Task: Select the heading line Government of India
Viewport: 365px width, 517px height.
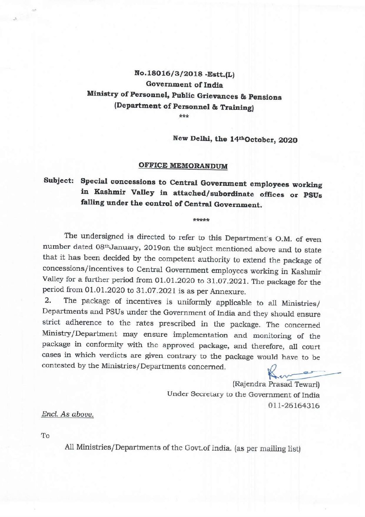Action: (184, 84)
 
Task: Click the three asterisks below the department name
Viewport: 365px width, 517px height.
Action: (184, 116)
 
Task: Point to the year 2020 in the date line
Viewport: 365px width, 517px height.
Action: (288, 140)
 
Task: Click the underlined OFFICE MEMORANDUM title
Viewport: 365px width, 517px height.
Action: (183, 165)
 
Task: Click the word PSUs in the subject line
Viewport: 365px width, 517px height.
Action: (313, 195)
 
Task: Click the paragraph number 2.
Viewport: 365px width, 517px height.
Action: (48, 301)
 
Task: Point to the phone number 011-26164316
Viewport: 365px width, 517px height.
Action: (294, 405)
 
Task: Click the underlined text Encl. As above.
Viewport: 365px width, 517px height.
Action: (68, 414)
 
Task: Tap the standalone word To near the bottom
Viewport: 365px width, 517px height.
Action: (45, 436)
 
